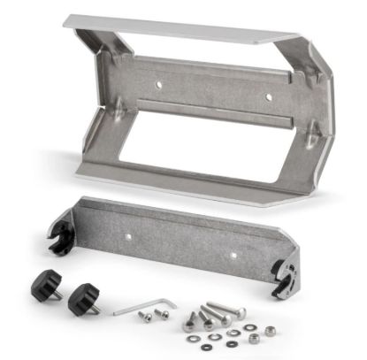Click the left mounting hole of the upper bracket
point(159,85)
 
